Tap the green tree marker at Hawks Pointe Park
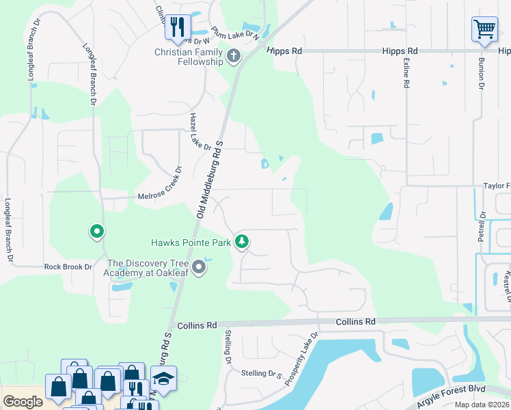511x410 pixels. [x=241, y=242]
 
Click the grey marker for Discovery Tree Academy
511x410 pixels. [x=199, y=267]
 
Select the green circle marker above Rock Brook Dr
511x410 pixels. [x=97, y=232]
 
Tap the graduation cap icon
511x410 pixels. [x=163, y=379]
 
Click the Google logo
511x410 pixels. [x=23, y=402]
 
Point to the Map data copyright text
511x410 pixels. [x=482, y=405]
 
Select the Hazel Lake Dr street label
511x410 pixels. [x=198, y=131]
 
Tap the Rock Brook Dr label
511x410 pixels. [x=68, y=266]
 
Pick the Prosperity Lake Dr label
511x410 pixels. [x=301, y=359]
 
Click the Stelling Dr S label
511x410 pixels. [x=262, y=373]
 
